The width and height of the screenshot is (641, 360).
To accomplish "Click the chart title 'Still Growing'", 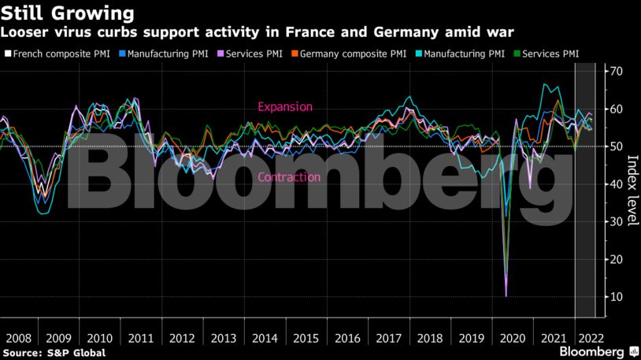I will click(67, 13).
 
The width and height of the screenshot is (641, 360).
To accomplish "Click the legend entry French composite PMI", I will click(57, 54).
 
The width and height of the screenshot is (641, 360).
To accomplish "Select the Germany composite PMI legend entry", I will click(353, 54).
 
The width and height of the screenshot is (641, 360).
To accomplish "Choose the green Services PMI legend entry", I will click(550, 54).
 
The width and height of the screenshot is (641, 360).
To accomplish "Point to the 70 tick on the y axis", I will click(614, 72).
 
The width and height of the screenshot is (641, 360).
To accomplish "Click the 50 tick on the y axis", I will click(614, 147).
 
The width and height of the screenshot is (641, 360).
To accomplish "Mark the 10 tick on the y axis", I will click(614, 297).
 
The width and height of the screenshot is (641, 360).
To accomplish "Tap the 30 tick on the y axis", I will click(614, 222).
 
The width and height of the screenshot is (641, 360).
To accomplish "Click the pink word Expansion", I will click(285, 107).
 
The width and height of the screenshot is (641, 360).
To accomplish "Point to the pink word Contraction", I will click(289, 177).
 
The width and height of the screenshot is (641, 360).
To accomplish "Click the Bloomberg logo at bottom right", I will click(591, 351).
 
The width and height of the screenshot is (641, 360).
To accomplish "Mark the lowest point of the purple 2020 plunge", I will click(506, 296).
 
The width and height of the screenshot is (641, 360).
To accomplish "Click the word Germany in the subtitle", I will click(427, 32).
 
